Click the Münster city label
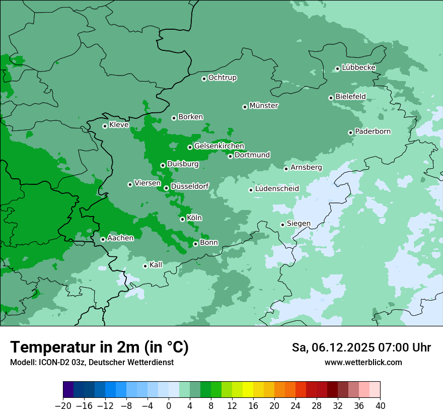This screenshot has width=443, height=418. pos(264,106)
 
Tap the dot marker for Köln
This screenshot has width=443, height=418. pos(182,219)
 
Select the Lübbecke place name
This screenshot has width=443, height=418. pos(358,67)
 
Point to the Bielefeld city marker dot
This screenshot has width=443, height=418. pos(331,98)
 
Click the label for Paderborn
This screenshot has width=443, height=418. pos(373,131)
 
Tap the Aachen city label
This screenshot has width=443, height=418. pos(120,238)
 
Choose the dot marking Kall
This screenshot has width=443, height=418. pos(145,266)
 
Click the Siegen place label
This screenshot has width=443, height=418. pos(299,223)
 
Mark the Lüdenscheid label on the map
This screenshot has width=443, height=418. pos(277,188)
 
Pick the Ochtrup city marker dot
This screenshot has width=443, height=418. pos(204,79)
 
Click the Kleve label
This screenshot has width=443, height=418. pos(119,125)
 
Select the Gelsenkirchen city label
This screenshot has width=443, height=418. pos(219,146)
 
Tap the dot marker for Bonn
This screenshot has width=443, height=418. pos(195,244)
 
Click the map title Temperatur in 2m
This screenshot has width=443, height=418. pos(99,347)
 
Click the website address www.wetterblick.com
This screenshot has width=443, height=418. pos(363,362)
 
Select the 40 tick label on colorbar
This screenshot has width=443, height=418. pos(380,406)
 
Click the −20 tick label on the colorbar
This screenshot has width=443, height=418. pos(63,406)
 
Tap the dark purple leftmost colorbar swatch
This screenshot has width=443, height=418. pos(68,390)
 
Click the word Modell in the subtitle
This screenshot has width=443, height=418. pos(22,362)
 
